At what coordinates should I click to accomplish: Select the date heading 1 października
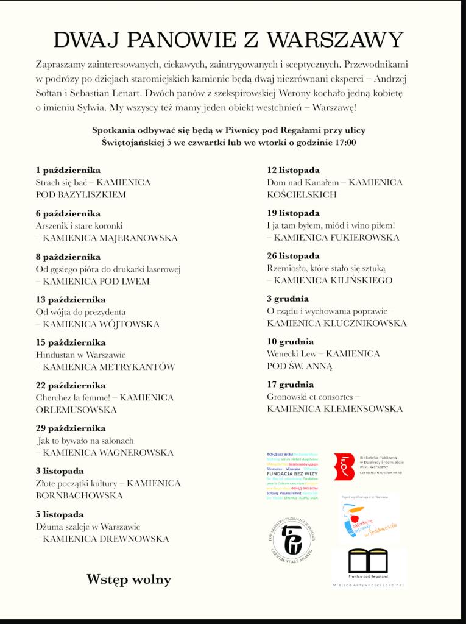click(x=68, y=170)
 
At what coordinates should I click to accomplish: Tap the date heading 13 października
click(x=71, y=299)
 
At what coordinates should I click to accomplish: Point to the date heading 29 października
click(x=71, y=428)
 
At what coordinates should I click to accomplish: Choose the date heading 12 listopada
click(x=293, y=170)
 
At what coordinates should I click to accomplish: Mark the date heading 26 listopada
click(x=293, y=255)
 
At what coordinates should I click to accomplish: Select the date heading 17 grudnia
click(x=290, y=384)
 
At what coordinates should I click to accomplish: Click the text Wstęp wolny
click(x=129, y=579)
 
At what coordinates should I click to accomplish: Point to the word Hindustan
click(x=56, y=355)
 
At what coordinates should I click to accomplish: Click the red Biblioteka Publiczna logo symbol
click(x=344, y=466)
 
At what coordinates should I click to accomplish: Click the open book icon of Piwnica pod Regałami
click(x=368, y=561)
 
